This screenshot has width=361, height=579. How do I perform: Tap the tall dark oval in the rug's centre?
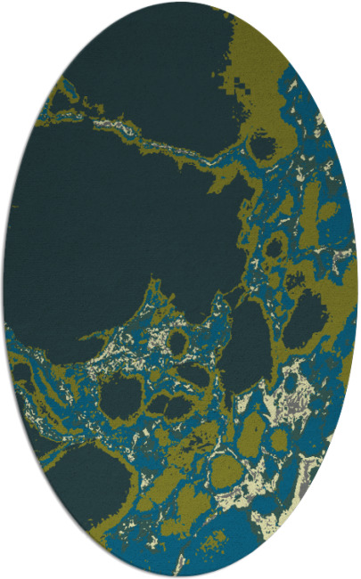[245, 343]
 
